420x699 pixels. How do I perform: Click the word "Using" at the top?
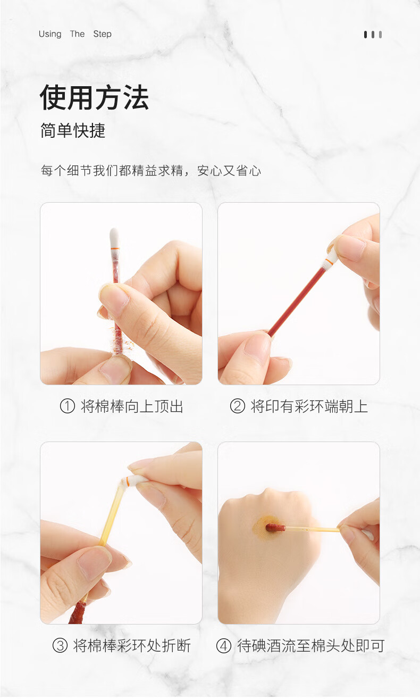click(50, 34)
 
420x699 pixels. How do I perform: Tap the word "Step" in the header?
click(102, 34)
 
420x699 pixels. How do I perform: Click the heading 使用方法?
click(94, 97)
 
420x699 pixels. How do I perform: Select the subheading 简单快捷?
click(73, 130)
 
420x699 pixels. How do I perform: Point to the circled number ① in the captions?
click(68, 406)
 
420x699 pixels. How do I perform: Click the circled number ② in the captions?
click(238, 406)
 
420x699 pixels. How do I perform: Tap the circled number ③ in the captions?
click(60, 646)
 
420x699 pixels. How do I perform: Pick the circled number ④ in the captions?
click(224, 646)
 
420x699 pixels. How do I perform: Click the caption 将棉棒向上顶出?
click(132, 406)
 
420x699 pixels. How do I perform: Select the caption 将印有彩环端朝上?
click(309, 406)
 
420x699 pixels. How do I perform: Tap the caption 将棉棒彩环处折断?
click(132, 646)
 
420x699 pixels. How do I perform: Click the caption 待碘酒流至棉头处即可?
click(311, 646)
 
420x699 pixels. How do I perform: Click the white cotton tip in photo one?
click(114, 237)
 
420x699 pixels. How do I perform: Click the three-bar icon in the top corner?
click(373, 35)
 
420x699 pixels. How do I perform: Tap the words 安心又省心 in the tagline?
click(229, 171)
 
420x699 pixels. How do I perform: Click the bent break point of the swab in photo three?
click(122, 482)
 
